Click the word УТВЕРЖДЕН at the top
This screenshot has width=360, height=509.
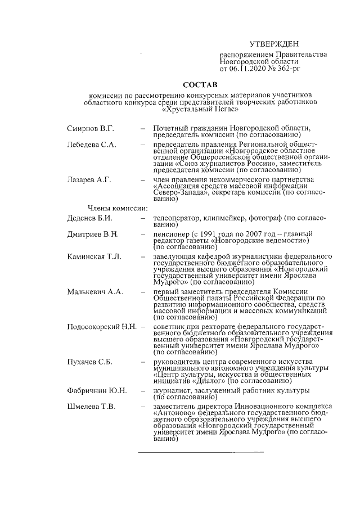click(x=274, y=44)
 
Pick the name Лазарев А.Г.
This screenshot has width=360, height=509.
click(x=89, y=179)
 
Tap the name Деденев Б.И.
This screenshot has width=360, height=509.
click(x=90, y=217)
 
